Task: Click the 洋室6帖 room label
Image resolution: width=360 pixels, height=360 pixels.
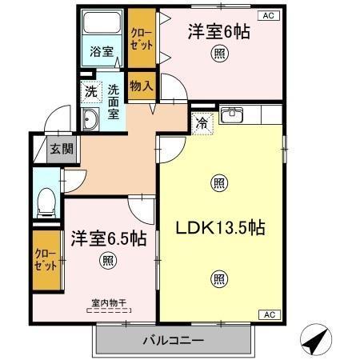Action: click(218, 33)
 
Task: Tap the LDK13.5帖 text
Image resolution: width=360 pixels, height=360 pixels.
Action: click(220, 228)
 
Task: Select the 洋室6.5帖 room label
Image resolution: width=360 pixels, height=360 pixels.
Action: click(107, 238)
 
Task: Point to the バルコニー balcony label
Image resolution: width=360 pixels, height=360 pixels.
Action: click(173, 339)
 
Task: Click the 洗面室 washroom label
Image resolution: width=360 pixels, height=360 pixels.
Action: click(114, 102)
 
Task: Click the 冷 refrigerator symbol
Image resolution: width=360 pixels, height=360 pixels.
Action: click(202, 123)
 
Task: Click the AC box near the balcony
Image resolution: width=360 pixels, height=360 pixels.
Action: click(270, 314)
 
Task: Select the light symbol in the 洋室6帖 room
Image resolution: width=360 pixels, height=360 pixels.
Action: click(218, 54)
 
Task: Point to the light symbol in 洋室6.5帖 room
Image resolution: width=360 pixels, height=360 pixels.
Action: click(107, 260)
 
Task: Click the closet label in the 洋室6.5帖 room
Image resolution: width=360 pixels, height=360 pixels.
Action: click(45, 259)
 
